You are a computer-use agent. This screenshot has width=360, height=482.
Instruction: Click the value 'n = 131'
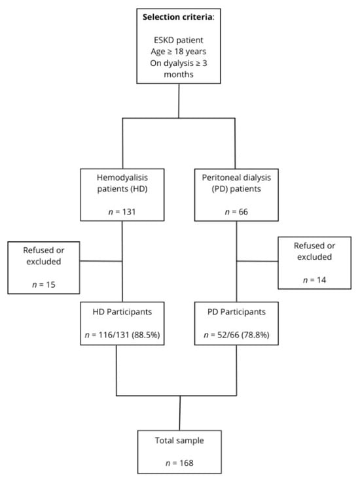click(x=122, y=212)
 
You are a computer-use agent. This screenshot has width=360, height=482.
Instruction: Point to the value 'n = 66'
click(x=237, y=212)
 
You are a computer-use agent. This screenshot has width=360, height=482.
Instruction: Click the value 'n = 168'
click(x=179, y=465)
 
